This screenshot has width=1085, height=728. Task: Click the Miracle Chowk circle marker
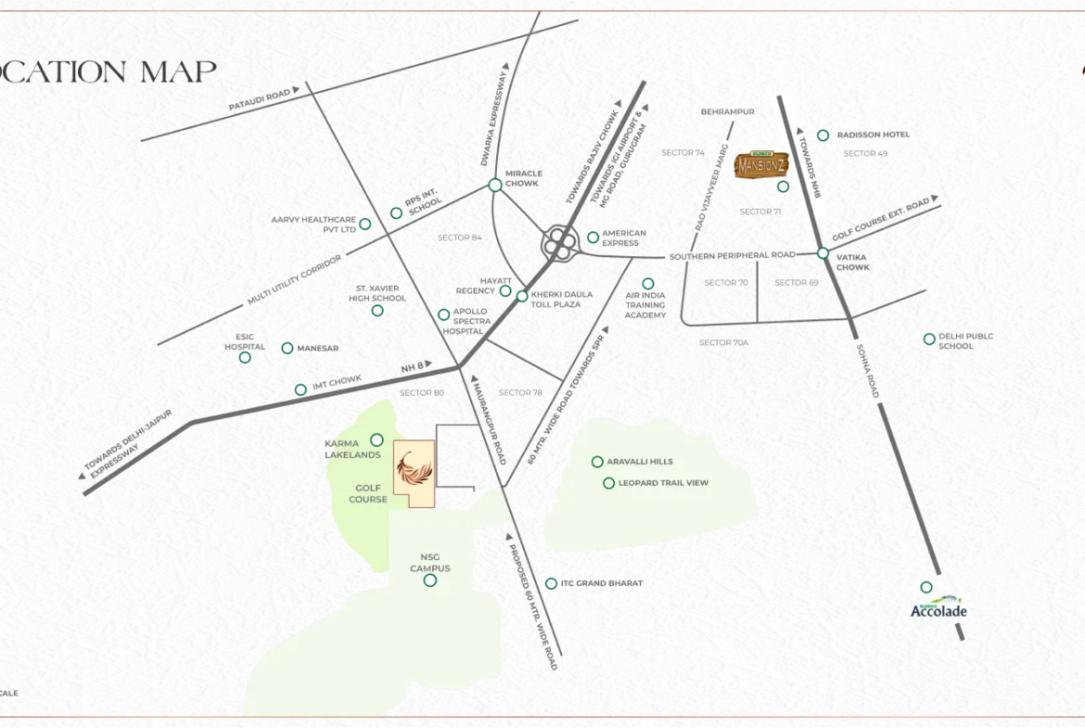[x=495, y=185]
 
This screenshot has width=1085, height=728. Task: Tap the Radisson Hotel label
[x=873, y=135]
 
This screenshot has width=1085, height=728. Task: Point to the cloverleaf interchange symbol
[x=559, y=244]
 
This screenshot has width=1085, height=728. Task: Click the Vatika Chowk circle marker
[x=823, y=253]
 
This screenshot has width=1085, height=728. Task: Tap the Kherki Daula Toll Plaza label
[x=555, y=300]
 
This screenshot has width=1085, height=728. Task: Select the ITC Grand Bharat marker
[x=551, y=583]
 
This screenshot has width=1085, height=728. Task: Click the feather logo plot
[x=414, y=472]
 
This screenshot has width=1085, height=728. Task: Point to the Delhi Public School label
[x=965, y=341]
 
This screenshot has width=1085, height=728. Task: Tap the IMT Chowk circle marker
[x=300, y=390]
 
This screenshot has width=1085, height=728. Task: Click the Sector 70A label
[x=723, y=343]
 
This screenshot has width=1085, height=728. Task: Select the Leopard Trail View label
[x=663, y=483]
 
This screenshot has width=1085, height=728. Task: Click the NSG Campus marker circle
[x=429, y=581]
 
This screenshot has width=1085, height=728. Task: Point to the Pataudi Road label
[x=260, y=100]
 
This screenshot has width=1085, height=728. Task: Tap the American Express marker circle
[x=593, y=237]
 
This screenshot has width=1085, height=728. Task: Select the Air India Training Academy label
[x=645, y=305]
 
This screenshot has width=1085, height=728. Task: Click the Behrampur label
[x=727, y=111]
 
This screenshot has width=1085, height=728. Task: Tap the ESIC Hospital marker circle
[x=245, y=357]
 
